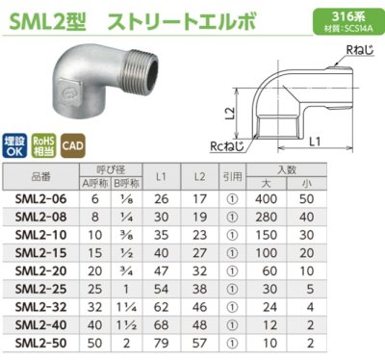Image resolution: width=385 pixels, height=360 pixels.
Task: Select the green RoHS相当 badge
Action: coord(43,144)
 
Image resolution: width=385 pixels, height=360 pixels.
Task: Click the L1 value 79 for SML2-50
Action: coord(162,343)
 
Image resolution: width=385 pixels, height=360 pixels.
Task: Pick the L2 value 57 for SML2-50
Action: coord(198,343)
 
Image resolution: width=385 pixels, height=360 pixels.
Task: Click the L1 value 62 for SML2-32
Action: coord(162,306)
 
